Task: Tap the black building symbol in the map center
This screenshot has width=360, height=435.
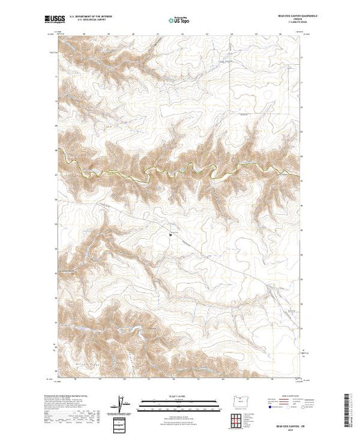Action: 171,235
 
